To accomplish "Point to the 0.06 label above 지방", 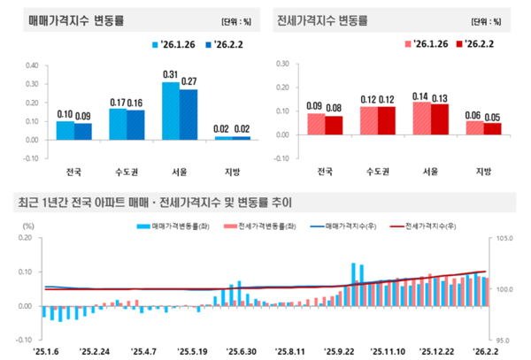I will [474, 115].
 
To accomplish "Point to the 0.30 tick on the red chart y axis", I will [282, 65].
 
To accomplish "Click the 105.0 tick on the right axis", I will [503, 238].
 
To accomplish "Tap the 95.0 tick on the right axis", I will [503, 340].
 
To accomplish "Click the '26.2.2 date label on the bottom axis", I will [483, 351].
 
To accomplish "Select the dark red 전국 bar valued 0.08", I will [334, 126].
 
